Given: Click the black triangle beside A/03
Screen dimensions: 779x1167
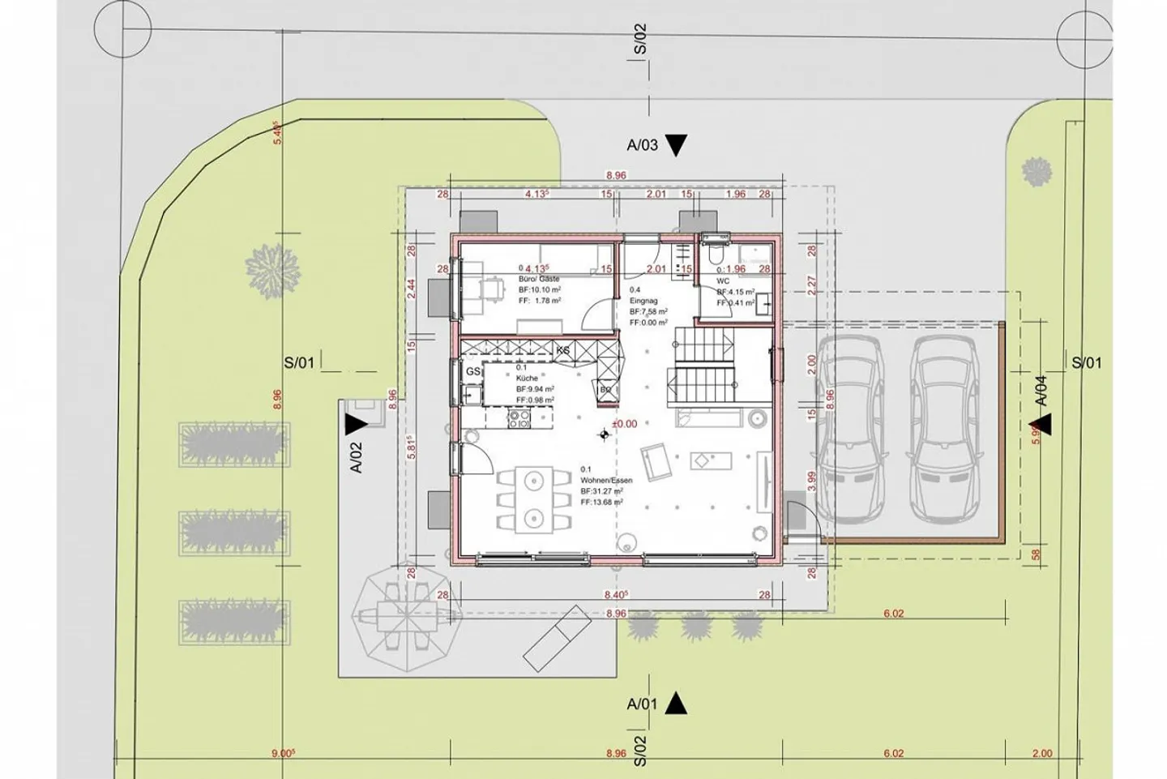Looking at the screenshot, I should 676,145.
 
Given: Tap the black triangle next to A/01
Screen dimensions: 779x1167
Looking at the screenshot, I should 676,704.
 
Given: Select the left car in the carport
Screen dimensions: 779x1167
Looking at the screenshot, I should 849,430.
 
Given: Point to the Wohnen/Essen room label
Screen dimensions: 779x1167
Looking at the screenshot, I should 606,480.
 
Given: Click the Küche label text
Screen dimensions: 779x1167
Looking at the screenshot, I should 527,378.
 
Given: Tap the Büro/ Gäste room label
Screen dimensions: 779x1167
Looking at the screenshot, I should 538,279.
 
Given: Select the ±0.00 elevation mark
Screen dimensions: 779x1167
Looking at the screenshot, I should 624,423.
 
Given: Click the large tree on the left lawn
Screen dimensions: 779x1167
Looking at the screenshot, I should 271,268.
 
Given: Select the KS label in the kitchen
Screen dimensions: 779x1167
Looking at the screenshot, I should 562,350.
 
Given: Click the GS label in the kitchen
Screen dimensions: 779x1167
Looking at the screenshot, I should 472,371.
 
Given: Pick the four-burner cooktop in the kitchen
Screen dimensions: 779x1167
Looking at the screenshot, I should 519,418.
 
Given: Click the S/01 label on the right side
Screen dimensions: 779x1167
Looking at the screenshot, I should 1086,362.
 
